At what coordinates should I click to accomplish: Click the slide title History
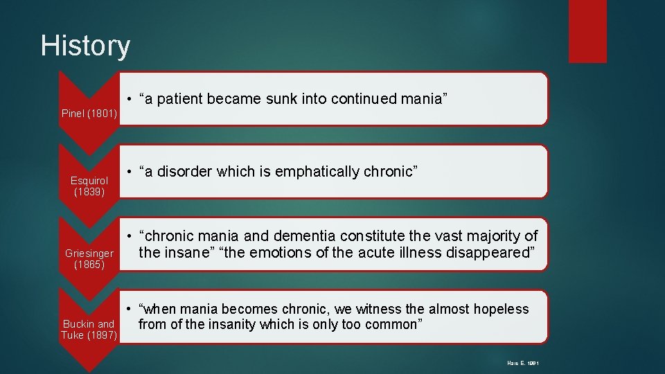[85, 46]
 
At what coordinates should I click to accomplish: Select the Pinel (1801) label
[89, 113]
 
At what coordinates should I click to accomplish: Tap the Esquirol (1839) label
[89, 186]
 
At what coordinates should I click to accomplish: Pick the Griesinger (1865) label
[89, 258]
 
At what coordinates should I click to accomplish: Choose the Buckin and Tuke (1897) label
[89, 330]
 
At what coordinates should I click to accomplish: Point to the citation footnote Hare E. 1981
[522, 362]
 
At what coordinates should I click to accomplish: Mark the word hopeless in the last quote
[497, 309]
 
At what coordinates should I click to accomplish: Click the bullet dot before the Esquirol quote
[130, 171]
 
